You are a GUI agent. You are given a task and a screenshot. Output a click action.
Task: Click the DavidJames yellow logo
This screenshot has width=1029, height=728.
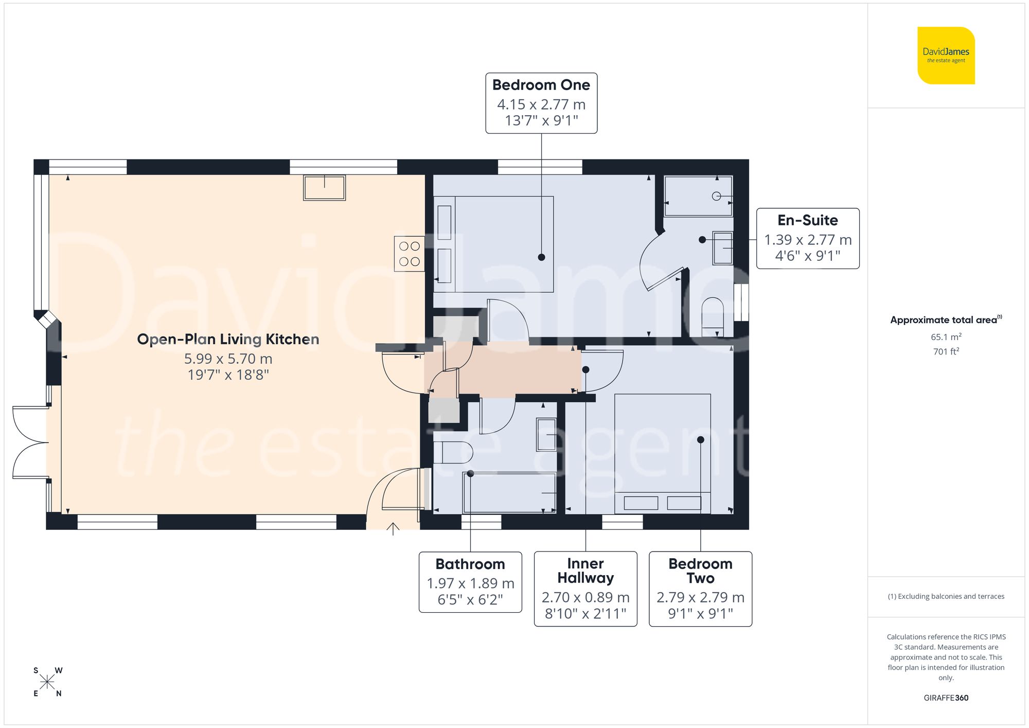946,56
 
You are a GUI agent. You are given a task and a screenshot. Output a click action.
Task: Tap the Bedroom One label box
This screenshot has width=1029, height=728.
541,103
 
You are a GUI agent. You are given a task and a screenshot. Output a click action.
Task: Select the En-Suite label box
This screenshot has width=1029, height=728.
807,238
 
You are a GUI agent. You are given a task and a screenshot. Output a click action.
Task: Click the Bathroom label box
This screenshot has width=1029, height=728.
470,582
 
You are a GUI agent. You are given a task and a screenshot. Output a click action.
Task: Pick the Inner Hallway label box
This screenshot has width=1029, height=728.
586,589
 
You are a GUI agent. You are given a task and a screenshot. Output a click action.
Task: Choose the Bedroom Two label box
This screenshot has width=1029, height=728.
700,589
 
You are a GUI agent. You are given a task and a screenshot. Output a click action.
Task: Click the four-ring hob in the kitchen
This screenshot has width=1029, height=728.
410,254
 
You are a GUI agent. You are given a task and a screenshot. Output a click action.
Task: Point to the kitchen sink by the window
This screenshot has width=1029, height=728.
324,188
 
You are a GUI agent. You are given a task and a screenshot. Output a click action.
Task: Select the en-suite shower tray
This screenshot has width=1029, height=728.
698,196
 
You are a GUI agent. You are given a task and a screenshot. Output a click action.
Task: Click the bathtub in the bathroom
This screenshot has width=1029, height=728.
509,492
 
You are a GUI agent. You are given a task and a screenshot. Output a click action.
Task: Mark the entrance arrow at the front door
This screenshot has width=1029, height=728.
393,528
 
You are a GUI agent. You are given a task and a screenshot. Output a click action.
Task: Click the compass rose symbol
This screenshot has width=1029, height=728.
47,682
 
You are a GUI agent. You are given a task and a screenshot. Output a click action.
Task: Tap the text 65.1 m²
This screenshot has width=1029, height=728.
946,337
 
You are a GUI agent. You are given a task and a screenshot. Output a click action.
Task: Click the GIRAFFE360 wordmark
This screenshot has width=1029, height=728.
946,698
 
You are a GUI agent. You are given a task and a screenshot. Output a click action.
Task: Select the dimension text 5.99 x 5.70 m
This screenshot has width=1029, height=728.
228,359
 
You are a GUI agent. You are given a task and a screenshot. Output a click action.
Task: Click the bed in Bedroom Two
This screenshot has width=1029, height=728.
663,453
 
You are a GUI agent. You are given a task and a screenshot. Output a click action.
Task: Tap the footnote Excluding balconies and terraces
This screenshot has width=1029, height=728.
946,596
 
